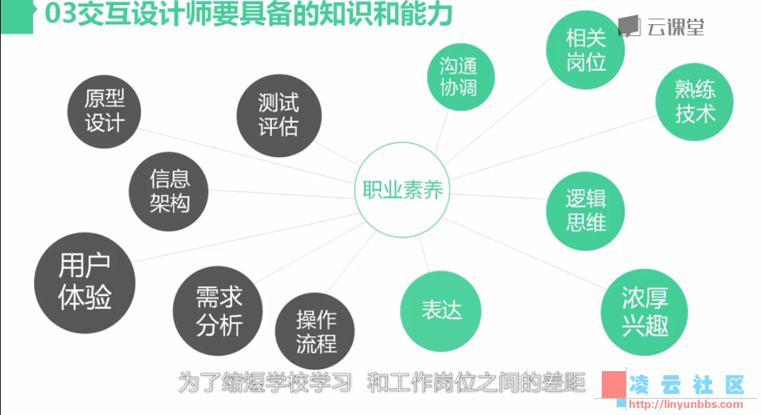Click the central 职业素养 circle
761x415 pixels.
402,189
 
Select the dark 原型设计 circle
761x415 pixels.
104,112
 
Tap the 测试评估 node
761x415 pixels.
279,115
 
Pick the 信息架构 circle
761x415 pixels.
168,191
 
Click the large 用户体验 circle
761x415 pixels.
84,283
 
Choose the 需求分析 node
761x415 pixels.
218,311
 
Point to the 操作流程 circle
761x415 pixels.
315,331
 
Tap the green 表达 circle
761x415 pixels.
441,311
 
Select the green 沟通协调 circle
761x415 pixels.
461,77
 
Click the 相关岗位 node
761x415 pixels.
585,50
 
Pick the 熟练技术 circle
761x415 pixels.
694,102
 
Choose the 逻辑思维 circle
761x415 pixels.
585,210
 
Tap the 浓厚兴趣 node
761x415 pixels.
644,312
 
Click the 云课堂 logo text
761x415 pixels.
675,27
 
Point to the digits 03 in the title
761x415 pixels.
61,13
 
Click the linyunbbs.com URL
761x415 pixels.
685,404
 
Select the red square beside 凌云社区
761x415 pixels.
614,385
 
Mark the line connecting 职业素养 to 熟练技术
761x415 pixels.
553,147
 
